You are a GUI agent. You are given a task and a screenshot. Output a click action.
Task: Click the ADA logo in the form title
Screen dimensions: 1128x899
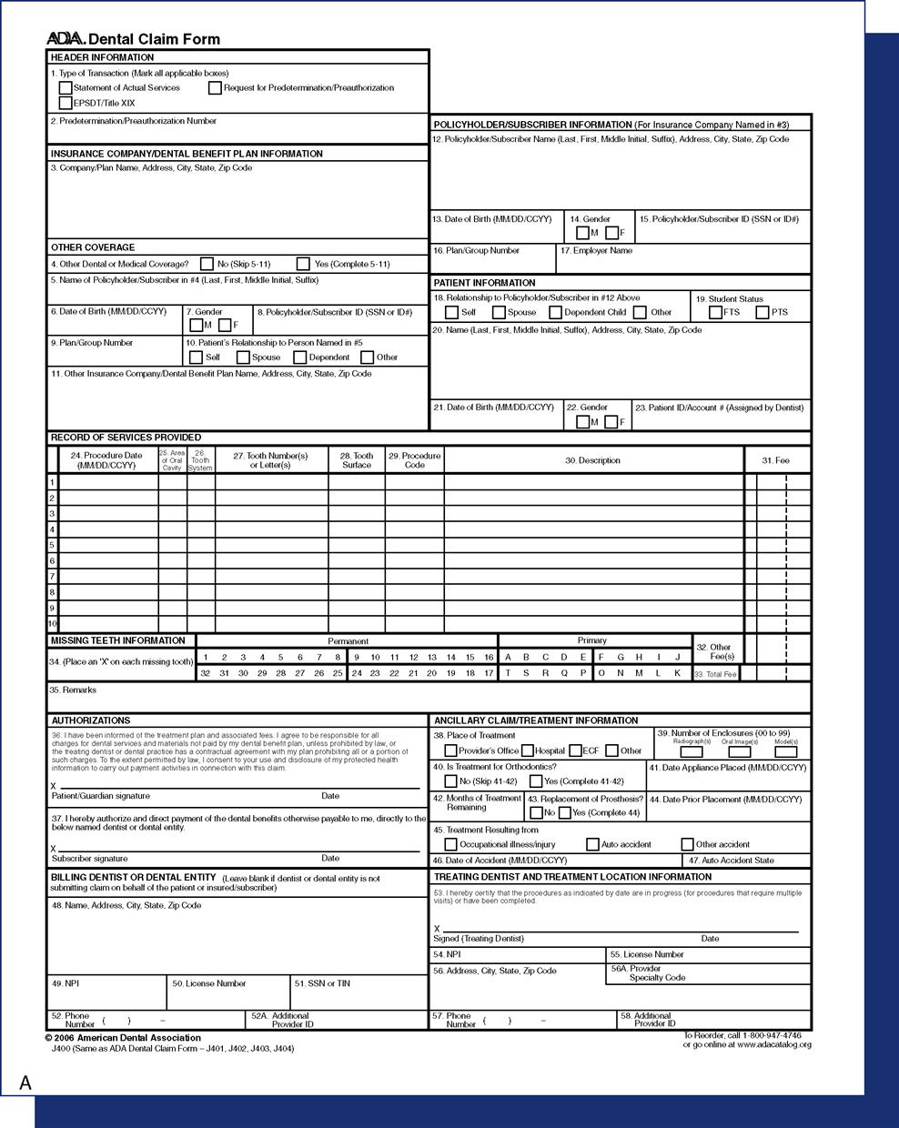click(66, 39)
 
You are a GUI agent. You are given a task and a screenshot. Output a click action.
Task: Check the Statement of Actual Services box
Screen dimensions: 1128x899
click(66, 88)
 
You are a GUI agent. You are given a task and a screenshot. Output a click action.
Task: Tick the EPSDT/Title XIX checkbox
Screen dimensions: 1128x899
click(66, 103)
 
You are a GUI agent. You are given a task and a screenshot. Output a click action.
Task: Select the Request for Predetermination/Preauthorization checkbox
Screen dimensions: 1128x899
click(215, 88)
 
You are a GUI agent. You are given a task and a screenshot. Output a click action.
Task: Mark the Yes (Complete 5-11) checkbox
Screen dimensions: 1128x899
click(303, 264)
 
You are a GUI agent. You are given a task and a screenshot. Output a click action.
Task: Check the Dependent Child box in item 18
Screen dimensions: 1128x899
click(555, 312)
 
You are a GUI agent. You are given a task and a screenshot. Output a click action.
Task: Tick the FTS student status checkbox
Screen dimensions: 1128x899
click(715, 312)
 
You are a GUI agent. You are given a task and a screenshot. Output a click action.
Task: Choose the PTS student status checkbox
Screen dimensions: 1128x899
click(763, 312)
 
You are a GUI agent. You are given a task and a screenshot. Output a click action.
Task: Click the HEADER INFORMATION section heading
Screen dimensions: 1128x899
click(102, 57)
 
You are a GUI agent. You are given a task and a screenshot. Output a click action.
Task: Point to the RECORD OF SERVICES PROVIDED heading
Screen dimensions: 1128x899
click(126, 438)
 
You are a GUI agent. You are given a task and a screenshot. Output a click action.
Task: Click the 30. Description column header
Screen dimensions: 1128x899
click(592, 460)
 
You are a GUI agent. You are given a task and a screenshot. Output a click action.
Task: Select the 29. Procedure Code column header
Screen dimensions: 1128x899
click(414, 460)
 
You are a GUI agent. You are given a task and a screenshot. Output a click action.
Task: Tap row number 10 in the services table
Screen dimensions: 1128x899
click(53, 624)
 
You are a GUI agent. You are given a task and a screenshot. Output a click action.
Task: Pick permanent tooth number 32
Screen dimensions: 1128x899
click(206, 673)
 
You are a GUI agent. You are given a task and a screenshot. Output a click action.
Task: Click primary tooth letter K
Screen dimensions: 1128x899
click(677, 673)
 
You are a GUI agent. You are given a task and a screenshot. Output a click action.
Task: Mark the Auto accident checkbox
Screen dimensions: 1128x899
click(592, 844)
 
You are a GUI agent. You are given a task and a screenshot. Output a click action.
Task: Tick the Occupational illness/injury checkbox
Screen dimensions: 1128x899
click(450, 844)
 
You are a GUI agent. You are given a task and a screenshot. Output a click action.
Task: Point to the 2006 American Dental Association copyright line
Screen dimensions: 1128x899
click(123, 1038)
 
